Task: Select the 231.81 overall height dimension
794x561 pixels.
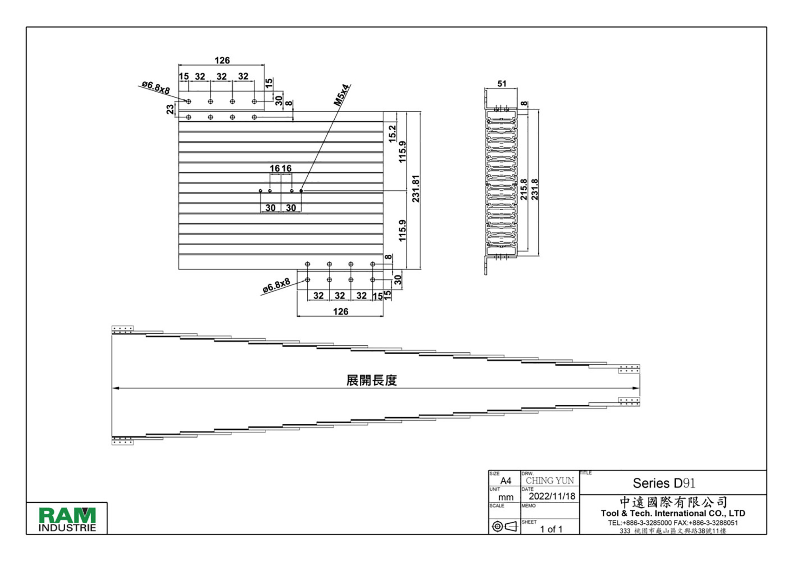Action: point(416,189)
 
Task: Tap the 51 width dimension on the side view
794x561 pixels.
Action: point(502,84)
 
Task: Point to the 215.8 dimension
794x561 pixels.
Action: point(524,189)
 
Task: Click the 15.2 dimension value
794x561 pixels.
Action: point(392,134)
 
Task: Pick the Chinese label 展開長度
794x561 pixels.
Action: point(371,380)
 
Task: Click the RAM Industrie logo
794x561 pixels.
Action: point(67,519)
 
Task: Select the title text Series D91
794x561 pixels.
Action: point(664,483)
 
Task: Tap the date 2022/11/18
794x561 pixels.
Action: point(552,496)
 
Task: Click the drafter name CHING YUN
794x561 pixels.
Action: point(550,480)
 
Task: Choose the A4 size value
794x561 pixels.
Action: point(506,481)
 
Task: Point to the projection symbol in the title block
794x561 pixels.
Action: point(504,526)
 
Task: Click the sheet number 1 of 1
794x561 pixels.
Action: point(551,529)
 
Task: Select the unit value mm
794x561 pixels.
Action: point(506,497)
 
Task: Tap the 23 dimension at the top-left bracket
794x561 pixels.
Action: point(170,109)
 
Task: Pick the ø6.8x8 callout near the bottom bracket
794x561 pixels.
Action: point(276,286)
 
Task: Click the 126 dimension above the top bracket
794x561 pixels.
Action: point(222,60)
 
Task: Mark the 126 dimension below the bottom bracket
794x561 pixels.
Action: point(341,311)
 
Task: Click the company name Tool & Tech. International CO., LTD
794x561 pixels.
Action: point(673,513)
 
